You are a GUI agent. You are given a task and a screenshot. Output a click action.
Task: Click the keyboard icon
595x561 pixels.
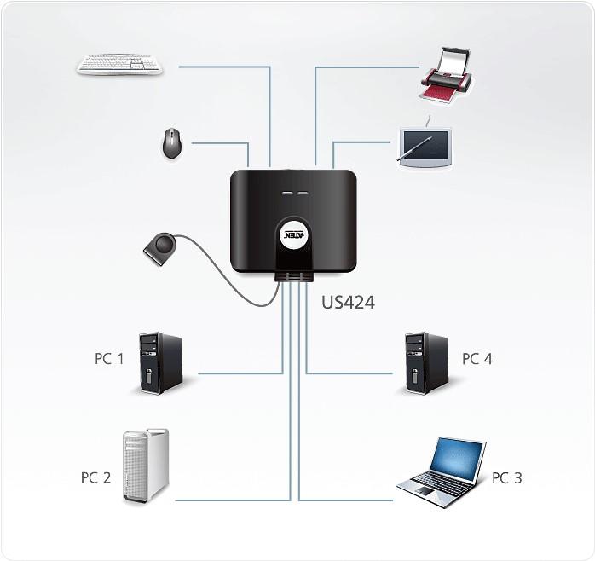(119, 64)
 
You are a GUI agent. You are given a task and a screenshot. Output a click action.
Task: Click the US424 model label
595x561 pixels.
(348, 302)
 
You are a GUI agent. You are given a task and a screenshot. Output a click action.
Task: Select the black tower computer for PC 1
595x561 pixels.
(162, 363)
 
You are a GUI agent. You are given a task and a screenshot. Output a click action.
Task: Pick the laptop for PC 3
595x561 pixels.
(442, 471)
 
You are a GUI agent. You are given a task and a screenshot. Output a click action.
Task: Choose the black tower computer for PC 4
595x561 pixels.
(427, 362)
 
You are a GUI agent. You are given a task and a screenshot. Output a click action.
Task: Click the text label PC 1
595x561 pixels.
(109, 359)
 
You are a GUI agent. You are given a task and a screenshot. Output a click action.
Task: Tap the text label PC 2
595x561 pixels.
(95, 478)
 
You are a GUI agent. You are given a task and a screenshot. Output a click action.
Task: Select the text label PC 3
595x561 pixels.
(506, 478)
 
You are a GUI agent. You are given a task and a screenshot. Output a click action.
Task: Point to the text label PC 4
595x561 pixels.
(477, 359)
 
